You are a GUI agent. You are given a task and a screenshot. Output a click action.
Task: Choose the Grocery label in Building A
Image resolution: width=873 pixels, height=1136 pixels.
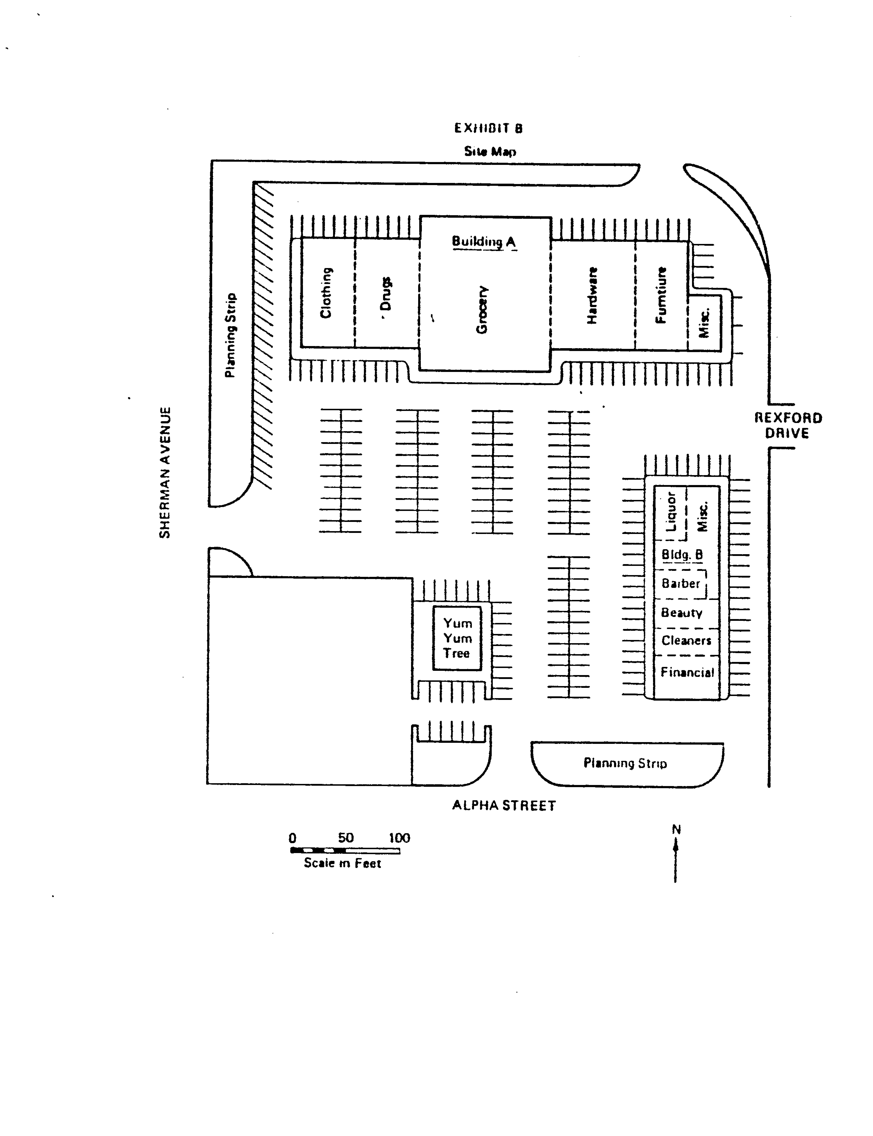[482, 310]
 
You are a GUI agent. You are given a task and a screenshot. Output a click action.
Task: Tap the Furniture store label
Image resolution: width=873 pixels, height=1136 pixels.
[660, 295]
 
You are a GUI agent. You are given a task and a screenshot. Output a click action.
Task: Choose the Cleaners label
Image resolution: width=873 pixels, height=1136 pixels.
[686, 641]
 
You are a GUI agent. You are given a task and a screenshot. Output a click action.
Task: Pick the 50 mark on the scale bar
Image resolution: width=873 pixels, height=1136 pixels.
[345, 838]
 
